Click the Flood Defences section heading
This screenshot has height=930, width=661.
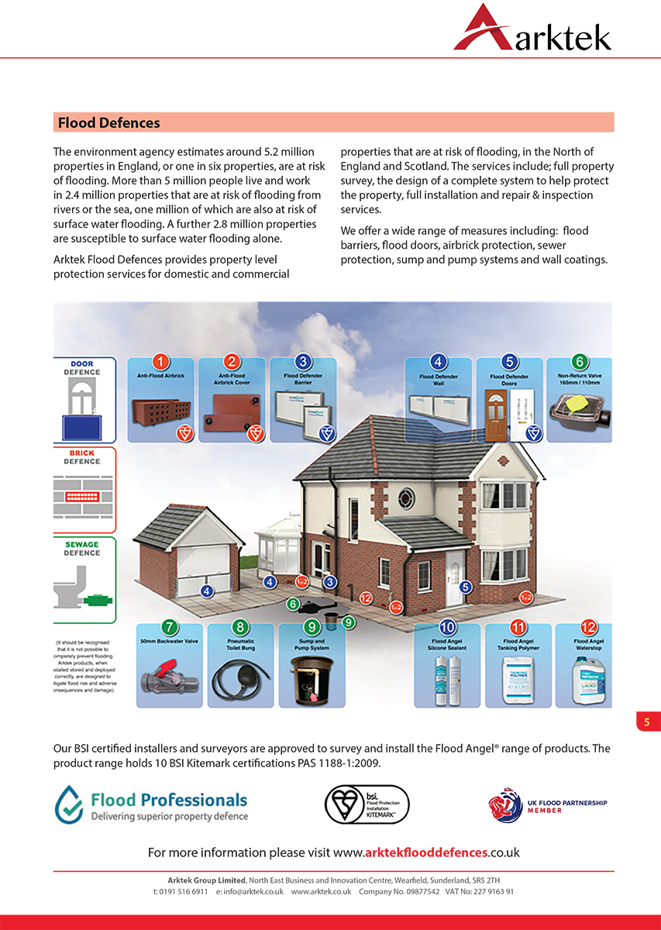click(x=108, y=122)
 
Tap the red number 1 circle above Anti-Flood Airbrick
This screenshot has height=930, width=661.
click(x=160, y=362)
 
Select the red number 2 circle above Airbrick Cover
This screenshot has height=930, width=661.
click(x=232, y=362)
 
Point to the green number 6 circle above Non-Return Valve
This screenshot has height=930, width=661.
click(x=579, y=362)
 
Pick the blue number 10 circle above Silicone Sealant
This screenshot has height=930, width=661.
click(x=447, y=627)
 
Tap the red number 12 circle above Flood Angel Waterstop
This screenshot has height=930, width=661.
click(x=589, y=627)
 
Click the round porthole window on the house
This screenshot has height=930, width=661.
click(x=407, y=498)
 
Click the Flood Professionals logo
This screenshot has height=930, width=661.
click(x=151, y=804)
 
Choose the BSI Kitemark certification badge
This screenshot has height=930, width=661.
click(x=366, y=804)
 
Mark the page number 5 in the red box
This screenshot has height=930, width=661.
click(x=647, y=722)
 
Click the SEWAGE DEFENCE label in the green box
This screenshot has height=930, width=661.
click(x=81, y=549)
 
